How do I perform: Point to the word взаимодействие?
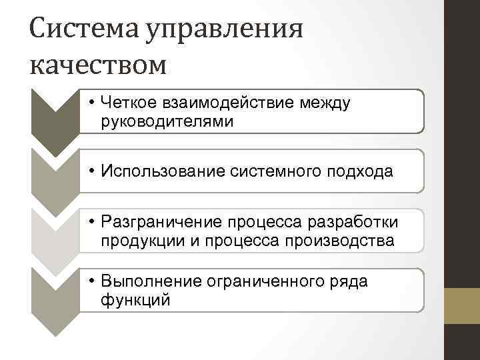(217, 103)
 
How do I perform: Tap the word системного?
(265, 172)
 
